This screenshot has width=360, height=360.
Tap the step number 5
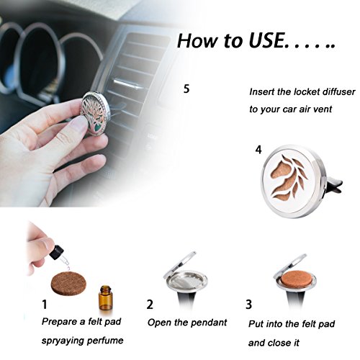[x=186, y=89]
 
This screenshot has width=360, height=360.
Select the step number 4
[x=258, y=150]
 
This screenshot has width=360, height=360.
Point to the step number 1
[x=45, y=305]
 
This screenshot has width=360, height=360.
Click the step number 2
[x=150, y=305]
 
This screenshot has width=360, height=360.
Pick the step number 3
[x=248, y=305]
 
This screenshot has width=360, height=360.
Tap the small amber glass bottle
[x=105, y=298]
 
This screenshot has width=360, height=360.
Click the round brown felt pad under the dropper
[x=68, y=284]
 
